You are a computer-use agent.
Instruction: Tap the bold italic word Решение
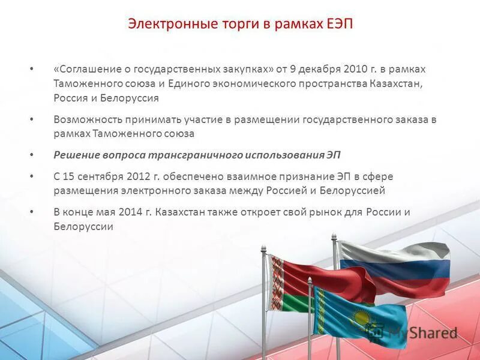coord(77,155)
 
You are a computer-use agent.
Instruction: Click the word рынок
coord(338,212)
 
